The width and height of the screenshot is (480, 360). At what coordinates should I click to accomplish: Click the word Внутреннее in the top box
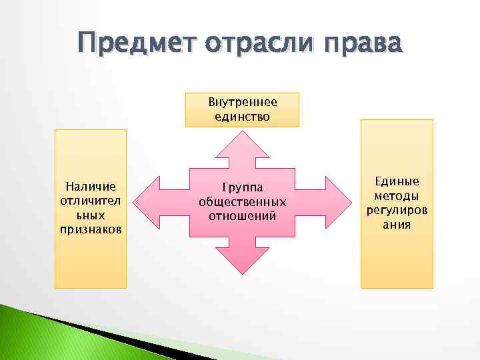coord(243,103)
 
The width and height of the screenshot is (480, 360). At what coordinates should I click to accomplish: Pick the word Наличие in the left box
coord(90,186)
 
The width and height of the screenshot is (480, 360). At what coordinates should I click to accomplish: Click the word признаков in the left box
coord(90,229)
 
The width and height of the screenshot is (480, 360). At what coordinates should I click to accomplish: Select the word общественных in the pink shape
coord(243,201)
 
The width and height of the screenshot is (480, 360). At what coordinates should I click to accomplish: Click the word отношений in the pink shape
coord(243,215)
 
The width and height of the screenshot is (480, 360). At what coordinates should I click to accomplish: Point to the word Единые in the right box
coord(397,182)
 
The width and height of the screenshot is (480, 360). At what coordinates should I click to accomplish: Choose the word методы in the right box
coord(397,196)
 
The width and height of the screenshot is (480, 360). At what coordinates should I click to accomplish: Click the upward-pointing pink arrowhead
coord(243,144)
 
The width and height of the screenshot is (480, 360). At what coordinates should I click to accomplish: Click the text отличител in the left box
coord(90,201)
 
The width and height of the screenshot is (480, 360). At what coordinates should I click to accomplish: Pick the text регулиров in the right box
coord(397,211)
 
